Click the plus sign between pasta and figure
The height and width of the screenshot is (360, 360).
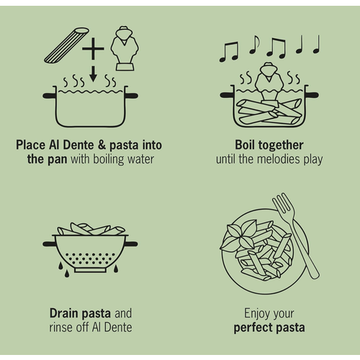[x=93, y=49]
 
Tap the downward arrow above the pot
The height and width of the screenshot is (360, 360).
[x=93, y=73]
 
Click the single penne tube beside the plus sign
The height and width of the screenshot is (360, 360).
[x=66, y=45]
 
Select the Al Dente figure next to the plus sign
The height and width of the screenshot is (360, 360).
[x=125, y=48]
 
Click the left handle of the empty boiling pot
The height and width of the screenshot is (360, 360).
[x=50, y=96]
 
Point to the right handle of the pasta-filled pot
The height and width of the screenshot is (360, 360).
[x=312, y=95]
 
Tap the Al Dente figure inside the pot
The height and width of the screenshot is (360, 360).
[x=269, y=81]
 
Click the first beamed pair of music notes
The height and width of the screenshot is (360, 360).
[x=229, y=52]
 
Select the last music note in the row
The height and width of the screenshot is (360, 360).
[x=317, y=45]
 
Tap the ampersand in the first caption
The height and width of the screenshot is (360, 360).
[x=102, y=145]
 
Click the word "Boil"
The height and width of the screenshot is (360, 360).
[x=245, y=145]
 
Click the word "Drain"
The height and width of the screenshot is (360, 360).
[x=64, y=313]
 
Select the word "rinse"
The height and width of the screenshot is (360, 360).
[x=60, y=328]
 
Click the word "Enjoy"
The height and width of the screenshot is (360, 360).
[x=255, y=314]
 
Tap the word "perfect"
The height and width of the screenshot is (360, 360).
[x=253, y=328]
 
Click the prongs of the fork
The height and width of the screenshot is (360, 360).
[x=283, y=203]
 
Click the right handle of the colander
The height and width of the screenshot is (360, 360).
[x=131, y=244]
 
